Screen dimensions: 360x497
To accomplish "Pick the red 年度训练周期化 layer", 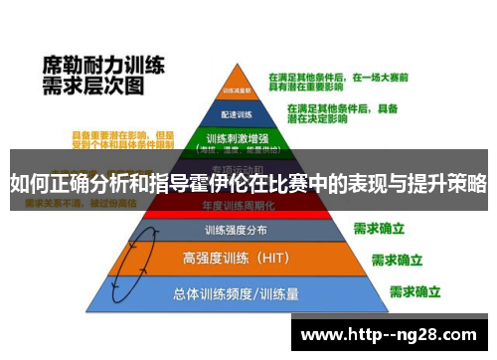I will (236, 207).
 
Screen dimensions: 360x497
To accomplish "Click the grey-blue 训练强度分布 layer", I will (236, 230).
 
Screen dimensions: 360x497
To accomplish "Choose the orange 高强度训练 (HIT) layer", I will (236, 258).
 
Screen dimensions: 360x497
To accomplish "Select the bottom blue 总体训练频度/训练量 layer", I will (236, 294).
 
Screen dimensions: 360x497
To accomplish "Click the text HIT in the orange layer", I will (269, 258).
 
